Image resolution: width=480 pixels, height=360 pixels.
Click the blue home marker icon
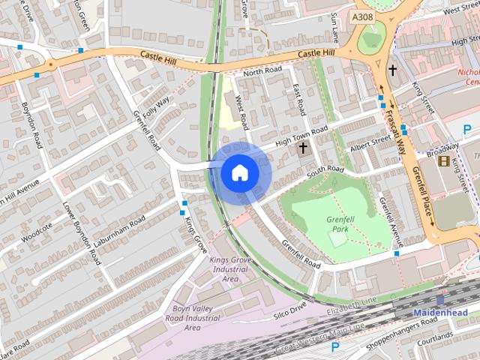[x=239, y=173]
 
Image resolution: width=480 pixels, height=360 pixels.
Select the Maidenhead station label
[x=440, y=312]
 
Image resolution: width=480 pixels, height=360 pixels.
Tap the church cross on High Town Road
[x=303, y=148]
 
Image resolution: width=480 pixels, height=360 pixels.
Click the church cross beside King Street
[x=391, y=70]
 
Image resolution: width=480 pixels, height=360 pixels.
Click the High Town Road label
[x=301, y=136]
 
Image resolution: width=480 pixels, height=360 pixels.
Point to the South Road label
[x=324, y=172]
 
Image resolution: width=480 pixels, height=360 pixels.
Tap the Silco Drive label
[x=290, y=308]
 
